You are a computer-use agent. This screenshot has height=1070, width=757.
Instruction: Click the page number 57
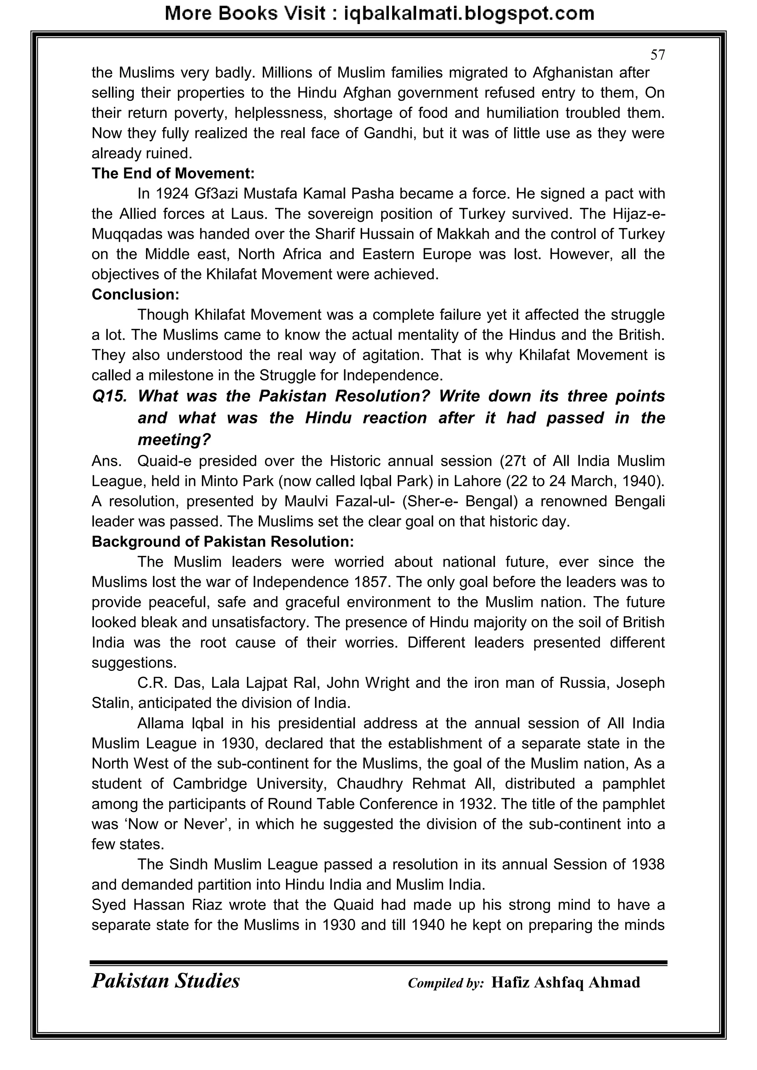(x=657, y=55)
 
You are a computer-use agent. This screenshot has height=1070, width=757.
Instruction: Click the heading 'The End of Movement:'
(x=173, y=173)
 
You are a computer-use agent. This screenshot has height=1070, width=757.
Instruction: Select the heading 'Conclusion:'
(x=135, y=295)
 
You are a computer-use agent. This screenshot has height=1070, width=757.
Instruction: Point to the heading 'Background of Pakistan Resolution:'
(x=223, y=541)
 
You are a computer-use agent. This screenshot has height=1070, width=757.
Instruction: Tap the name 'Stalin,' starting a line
(x=112, y=703)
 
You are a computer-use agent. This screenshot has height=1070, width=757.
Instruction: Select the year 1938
(x=648, y=865)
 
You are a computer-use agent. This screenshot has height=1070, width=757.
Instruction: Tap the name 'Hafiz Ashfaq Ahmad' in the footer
(x=566, y=982)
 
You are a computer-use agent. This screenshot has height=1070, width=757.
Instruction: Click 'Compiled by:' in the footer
(x=446, y=983)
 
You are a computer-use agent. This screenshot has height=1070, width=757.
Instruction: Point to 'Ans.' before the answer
(x=107, y=461)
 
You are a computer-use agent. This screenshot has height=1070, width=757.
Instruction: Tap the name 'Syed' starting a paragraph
(x=109, y=905)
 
